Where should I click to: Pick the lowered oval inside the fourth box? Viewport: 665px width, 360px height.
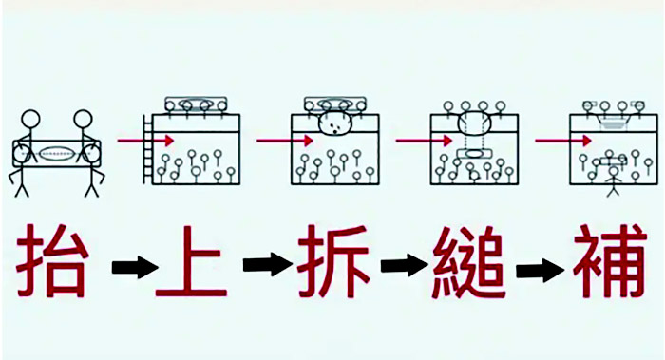tap(472, 153)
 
